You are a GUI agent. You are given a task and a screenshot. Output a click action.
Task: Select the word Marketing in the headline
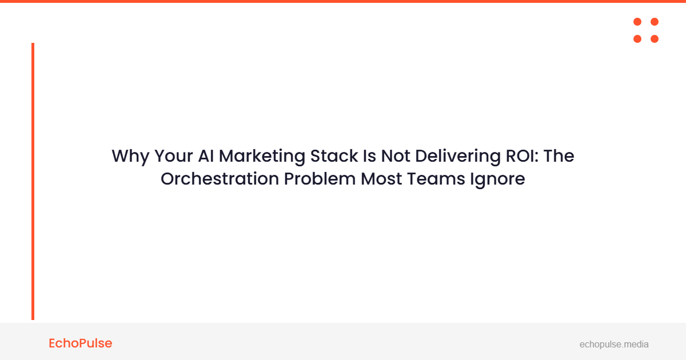[x=261, y=157]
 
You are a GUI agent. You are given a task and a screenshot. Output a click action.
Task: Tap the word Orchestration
[x=220, y=179]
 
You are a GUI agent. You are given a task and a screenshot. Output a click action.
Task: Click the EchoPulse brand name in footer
[x=81, y=343]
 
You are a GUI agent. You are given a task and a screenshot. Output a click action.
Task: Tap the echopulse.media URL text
[x=614, y=345]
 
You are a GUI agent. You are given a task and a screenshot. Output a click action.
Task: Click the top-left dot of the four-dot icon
[x=637, y=22]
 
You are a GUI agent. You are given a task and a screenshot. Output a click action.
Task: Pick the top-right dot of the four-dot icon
[x=655, y=22]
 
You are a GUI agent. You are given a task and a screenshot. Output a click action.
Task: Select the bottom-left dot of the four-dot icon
[x=637, y=39]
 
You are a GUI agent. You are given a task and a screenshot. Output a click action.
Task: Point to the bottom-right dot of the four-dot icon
[x=655, y=39]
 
